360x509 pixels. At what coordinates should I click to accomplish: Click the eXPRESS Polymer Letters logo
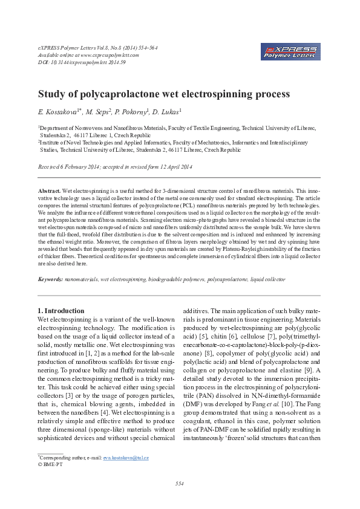tap(289, 51)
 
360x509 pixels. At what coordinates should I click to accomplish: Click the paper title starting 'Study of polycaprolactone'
tap(164, 94)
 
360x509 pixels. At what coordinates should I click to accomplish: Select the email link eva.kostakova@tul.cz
tap(126, 458)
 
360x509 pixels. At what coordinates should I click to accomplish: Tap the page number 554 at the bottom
tap(179, 483)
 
